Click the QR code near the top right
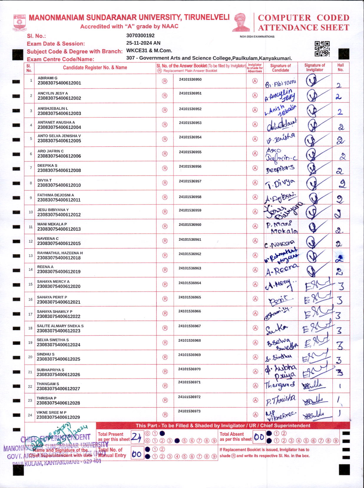[x=322, y=49]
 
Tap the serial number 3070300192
[x=140, y=36]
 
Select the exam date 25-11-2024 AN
[x=143, y=43]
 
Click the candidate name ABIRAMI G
[x=47, y=78]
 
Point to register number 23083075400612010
[x=59, y=185]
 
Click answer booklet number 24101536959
[x=190, y=210]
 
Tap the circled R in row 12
[x=165, y=241]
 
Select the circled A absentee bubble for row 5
[x=255, y=139]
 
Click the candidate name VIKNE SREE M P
[x=51, y=412]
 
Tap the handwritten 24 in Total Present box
[x=136, y=437]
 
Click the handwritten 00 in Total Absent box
[x=259, y=437]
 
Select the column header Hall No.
[x=340, y=67]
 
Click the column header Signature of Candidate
[x=280, y=68]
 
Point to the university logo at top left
[x=20, y=22]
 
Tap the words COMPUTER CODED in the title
[x=303, y=18]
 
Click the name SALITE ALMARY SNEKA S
[x=60, y=326]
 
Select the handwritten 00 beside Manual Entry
[x=137, y=454]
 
